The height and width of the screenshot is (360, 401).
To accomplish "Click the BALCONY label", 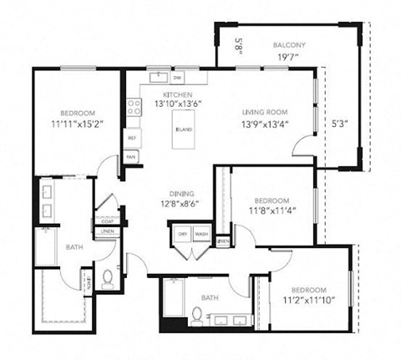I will click(290, 45).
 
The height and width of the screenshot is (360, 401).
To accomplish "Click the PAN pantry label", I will click(131, 156).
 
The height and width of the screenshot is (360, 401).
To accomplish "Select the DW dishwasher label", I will click(178, 78).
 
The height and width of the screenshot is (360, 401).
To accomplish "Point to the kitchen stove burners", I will click(133, 107).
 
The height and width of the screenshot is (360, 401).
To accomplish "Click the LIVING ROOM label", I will click(265, 112).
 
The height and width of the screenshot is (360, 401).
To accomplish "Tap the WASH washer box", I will click(201, 234).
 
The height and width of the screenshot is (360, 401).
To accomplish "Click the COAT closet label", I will click(107, 221).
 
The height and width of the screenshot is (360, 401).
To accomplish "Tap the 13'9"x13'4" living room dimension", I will click(265, 124).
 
